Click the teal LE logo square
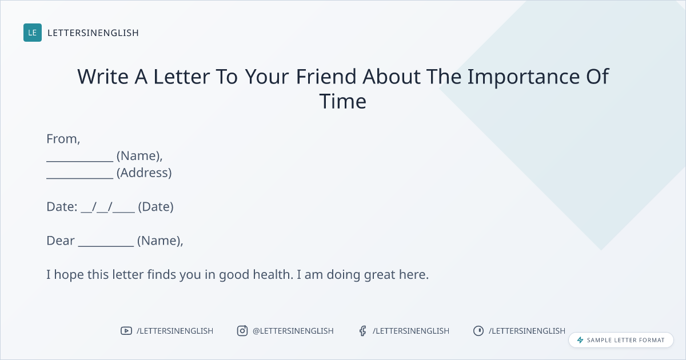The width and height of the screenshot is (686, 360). coord(33,33)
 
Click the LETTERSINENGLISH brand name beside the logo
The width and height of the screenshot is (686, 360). coord(93,33)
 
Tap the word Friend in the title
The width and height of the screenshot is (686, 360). coord(326,76)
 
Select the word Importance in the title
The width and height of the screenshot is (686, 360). coord(524,77)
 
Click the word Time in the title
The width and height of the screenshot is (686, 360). coord(342,101)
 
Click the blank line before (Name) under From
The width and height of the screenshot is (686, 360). coord(80,161)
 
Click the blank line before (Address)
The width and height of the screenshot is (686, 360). coord(80,178)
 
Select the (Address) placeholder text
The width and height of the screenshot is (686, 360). coord(144,173)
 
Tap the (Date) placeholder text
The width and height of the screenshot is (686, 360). coord(155,207)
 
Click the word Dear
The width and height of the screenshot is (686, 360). coord(61,241)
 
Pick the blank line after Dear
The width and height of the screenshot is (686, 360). coord(106,246)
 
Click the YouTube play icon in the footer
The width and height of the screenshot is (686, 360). coord(126,331)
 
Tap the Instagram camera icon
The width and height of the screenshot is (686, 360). coord(242,331)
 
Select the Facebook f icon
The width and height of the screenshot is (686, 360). coord(363,331)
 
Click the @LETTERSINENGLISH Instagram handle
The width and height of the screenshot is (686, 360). coord(293,331)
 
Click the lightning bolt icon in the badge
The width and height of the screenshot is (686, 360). coord(580,340)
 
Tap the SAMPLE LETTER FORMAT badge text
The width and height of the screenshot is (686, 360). coord(625,340)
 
